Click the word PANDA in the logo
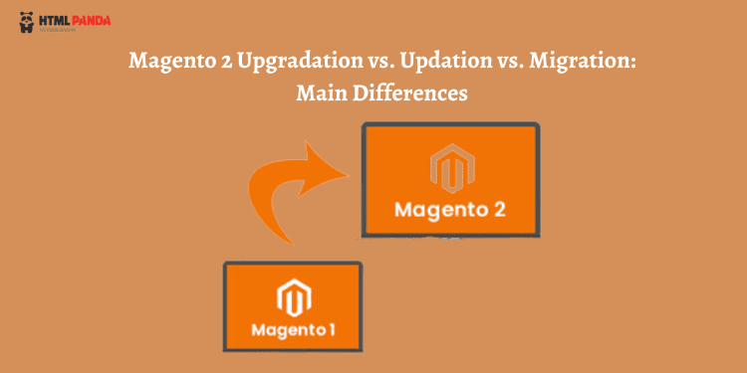pos(91,18)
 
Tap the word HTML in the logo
pos(55,18)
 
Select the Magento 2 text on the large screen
pos(451,210)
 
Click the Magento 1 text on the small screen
pos(291,327)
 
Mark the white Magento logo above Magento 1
pos(291,296)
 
